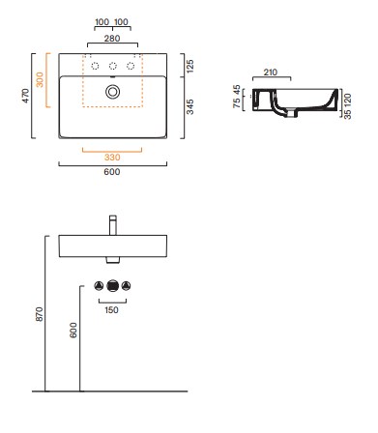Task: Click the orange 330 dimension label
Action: [x=112, y=158]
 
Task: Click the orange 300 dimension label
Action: [x=40, y=79]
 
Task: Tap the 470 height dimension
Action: [x=25, y=96]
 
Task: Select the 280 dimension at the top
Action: [x=112, y=39]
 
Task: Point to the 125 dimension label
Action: [x=190, y=66]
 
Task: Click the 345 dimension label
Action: [x=190, y=107]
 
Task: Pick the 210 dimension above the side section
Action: [x=271, y=72]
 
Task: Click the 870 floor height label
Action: [x=39, y=314]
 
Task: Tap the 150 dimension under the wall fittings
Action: [x=111, y=310]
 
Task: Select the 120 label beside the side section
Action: [x=347, y=101]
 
